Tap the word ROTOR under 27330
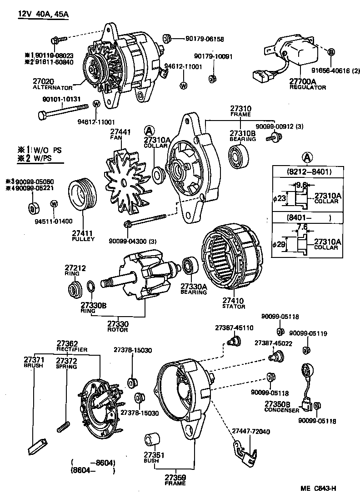pos(118,330)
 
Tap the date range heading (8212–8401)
pos(309,172)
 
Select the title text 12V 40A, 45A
pos(43,14)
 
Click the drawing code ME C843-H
pos(318,489)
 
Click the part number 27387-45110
pos(234,328)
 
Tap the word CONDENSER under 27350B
pos(282,410)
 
